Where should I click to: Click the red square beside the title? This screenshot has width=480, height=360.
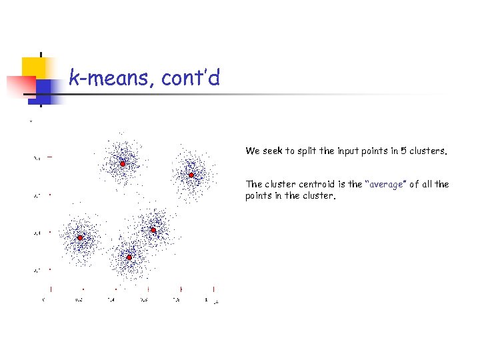(20, 87)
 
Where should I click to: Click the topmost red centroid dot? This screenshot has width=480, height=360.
(123, 163)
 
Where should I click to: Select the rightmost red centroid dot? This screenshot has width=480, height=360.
(191, 175)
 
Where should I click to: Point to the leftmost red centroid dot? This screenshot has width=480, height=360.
(79, 237)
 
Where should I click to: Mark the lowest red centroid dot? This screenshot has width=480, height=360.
(129, 257)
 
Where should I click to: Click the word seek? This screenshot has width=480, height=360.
(273, 151)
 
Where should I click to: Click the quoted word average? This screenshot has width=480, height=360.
(386, 184)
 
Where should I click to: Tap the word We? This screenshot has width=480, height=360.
(252, 151)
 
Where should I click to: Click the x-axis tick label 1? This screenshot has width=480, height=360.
(207, 300)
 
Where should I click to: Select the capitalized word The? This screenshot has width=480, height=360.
(254, 184)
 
